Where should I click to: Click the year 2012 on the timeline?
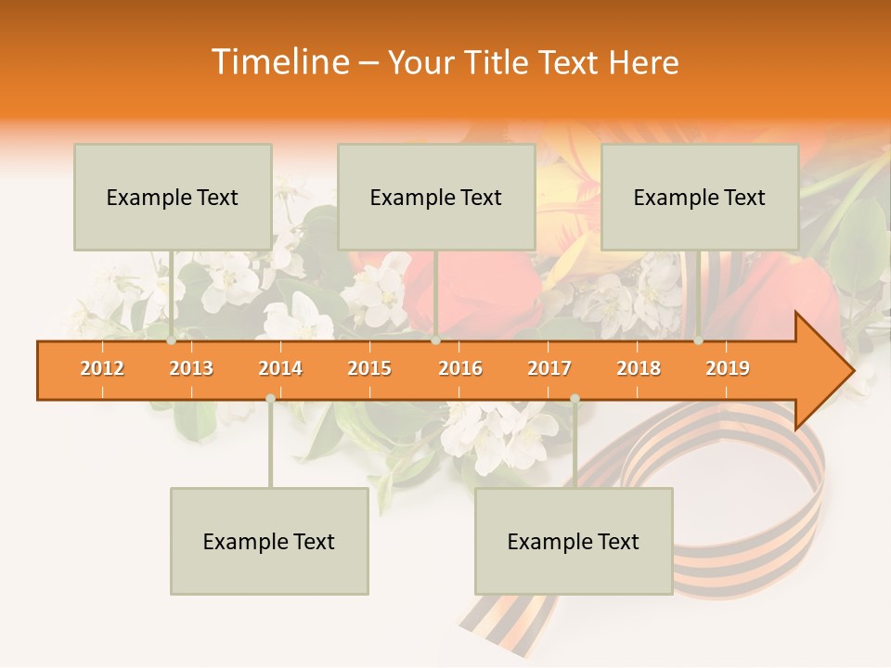(x=102, y=368)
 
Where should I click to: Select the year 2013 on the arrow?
(x=191, y=368)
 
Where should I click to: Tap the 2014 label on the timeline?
(x=280, y=368)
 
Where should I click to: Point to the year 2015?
(x=369, y=368)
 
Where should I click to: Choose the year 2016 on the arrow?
(x=460, y=368)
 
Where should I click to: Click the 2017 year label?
(x=549, y=368)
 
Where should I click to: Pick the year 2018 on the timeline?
(x=639, y=368)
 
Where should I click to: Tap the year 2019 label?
(x=728, y=368)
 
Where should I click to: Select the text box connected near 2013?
(x=173, y=197)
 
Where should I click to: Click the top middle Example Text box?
(x=436, y=197)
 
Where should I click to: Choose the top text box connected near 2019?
(x=700, y=197)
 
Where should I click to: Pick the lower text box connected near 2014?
(x=269, y=541)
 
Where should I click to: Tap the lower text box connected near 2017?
(x=574, y=541)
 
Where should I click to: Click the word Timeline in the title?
(x=278, y=62)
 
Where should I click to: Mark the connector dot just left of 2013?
(x=172, y=340)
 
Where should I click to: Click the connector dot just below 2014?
(x=270, y=398)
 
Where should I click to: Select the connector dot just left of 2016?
(x=436, y=340)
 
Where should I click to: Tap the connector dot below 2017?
(x=575, y=398)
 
